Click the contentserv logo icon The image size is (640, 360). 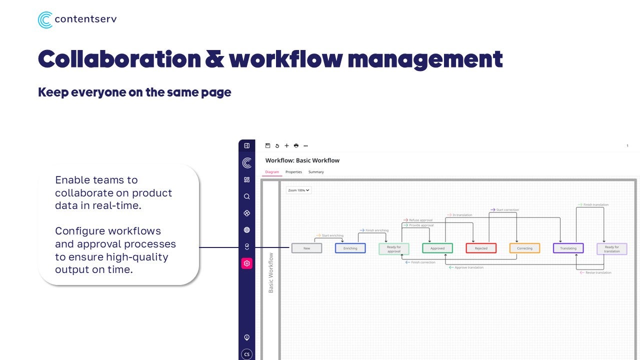45,20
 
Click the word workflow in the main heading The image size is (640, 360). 286,59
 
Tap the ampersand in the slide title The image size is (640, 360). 214,59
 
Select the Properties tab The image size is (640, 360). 293,172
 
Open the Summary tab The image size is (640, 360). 316,172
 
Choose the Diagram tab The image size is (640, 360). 272,172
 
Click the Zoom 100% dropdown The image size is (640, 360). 299,190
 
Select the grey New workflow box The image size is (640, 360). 306,248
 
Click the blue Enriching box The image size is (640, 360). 350,248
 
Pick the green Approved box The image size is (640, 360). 437,248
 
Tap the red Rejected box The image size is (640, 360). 481,248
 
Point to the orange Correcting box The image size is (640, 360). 524,248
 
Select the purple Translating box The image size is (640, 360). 568,248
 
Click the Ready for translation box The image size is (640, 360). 611,248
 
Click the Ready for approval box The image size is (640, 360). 394,248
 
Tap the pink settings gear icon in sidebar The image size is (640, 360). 246,263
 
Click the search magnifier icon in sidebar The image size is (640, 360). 246,196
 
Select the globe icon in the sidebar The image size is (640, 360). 246,230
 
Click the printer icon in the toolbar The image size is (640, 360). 296,146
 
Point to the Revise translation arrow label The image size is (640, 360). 597,272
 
